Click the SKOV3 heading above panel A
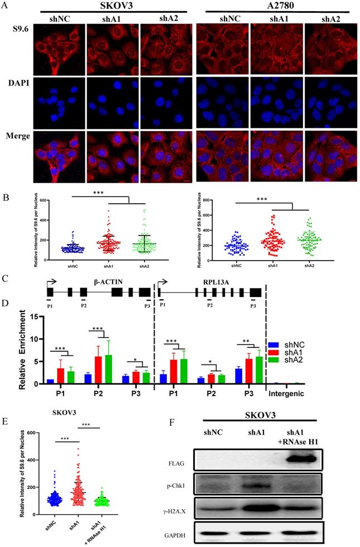pos(109,5)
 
